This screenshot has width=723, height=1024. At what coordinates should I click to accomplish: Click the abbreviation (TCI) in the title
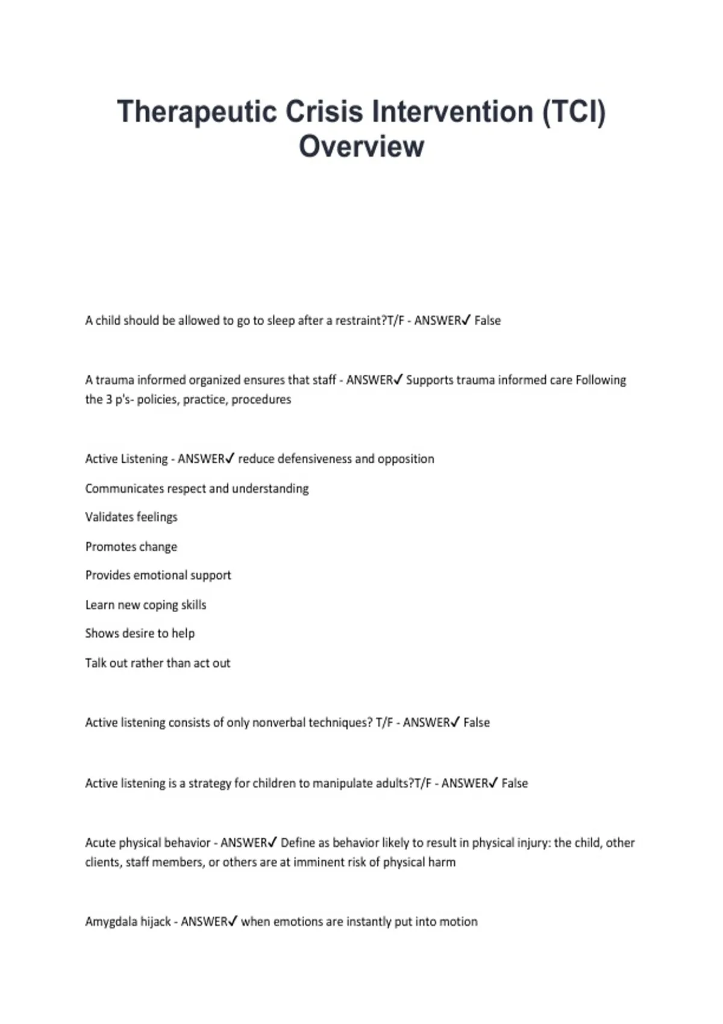pos(574,112)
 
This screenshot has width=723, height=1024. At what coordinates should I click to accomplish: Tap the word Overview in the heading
pos(361,146)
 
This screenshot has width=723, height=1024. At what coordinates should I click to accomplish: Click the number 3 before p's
pos(109,399)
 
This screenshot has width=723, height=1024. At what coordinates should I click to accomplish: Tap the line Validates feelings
pos(131,517)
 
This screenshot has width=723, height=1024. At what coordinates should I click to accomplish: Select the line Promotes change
pos(131,547)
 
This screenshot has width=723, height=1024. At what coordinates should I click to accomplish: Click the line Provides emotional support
pos(158,575)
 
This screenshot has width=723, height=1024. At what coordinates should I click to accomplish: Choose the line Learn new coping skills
pos(146,605)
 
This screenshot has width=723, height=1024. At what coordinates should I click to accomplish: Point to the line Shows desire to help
pos(140,633)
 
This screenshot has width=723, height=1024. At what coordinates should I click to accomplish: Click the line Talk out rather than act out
pos(158,663)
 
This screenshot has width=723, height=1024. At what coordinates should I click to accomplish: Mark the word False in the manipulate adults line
pos(515,783)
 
